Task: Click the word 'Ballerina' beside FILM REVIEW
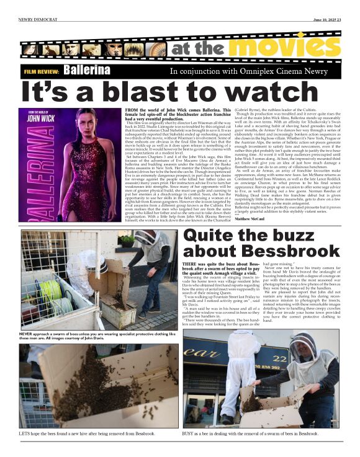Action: pyautogui.click(x=87, y=71)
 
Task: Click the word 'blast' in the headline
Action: pyautogui.click(x=155, y=92)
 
